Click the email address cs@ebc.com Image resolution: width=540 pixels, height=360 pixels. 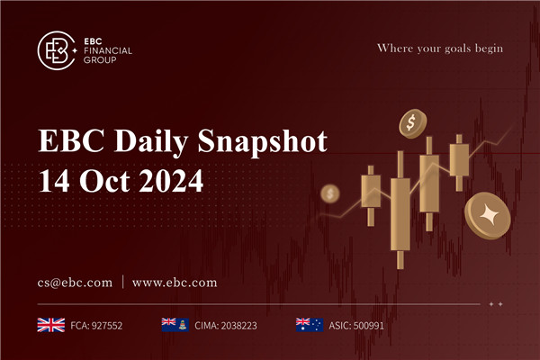75,282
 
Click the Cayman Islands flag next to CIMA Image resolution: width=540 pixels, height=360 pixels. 172,324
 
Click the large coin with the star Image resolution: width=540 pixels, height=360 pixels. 490,214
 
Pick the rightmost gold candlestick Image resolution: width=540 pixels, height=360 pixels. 459,161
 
